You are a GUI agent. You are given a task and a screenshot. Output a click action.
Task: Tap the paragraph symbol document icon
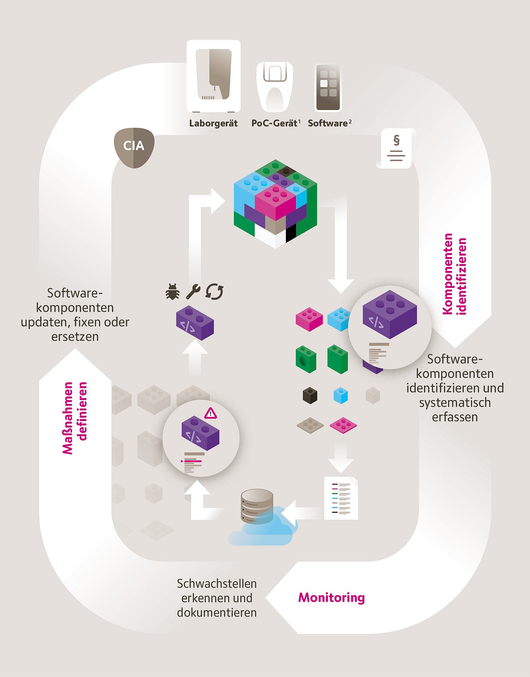pyautogui.click(x=396, y=148)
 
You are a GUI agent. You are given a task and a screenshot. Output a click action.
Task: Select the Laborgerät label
pyautogui.click(x=213, y=124)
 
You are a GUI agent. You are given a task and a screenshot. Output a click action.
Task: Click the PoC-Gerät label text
pyautogui.click(x=274, y=123)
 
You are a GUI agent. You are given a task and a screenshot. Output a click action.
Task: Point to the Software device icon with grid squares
pyautogui.click(x=328, y=87)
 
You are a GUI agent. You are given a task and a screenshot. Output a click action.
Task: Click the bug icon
pyautogui.click(x=173, y=292)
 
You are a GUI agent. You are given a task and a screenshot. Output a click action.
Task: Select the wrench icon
pyautogui.click(x=193, y=291)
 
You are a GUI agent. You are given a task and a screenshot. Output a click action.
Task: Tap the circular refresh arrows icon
pyautogui.click(x=214, y=292)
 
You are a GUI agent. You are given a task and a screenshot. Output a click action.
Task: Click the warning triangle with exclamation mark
pyautogui.click(x=210, y=413)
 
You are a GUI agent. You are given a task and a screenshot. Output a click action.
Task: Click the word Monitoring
pyautogui.click(x=331, y=598)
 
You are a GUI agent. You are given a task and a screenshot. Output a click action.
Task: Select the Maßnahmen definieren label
pyautogui.click(x=75, y=418)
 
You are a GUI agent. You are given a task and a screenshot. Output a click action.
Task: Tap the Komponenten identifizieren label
pyautogui.click(x=454, y=274)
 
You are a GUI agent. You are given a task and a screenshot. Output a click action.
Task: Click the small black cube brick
pyautogui.click(x=310, y=395)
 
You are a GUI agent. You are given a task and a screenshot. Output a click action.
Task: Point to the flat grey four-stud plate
pyautogui.click(x=310, y=425)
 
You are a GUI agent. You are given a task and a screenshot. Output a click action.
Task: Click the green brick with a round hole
pyautogui.click(x=306, y=359)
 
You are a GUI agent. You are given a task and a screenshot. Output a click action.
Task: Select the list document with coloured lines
pyautogui.click(x=341, y=498)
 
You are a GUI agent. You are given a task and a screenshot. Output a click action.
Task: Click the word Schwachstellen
pyautogui.click(x=217, y=584)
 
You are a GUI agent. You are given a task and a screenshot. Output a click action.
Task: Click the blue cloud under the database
pyautogui.click(x=262, y=528)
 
